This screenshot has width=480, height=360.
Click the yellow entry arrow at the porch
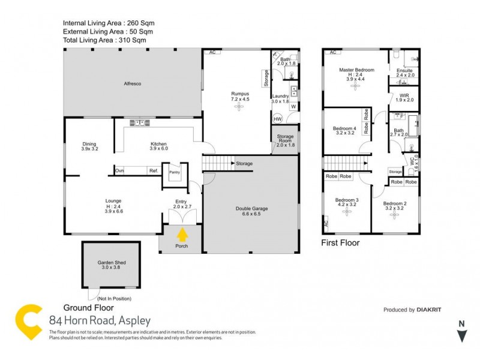(182, 234)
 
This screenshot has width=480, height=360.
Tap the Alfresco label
(132, 83)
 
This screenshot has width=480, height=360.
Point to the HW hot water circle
(278, 119)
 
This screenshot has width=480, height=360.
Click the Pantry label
(175, 172)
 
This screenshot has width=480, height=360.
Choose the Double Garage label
(251, 209)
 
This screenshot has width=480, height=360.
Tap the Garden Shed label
(112, 263)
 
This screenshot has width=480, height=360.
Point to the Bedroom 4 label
(345, 128)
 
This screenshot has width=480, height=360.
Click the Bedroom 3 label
(347, 200)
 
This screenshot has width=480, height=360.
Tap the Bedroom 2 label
(395, 203)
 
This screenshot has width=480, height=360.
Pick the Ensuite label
(405, 70)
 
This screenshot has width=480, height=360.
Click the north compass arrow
(461, 334)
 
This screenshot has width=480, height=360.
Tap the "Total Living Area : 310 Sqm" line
(104, 40)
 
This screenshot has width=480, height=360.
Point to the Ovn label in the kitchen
(119, 171)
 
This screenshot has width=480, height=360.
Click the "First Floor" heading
(340, 243)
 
